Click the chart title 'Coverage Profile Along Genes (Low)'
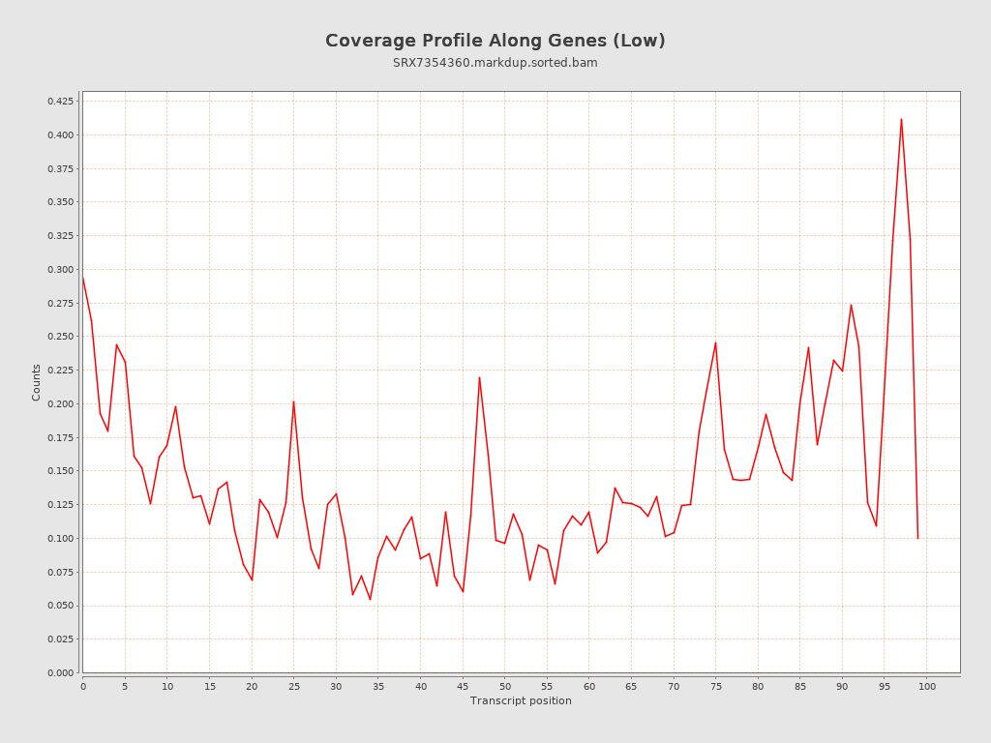[495, 41]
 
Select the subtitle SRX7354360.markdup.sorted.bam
[495, 63]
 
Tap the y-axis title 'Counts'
[37, 382]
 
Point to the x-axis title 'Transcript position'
[521, 700]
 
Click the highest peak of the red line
[901, 119]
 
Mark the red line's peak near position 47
[479, 377]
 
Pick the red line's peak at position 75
[715, 342]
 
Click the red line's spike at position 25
[293, 401]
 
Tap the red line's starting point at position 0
[83, 278]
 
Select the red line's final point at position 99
[917, 538]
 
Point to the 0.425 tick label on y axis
[60, 101]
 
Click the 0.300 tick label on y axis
[60, 269]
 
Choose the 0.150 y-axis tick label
[60, 471]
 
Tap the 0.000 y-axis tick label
[60, 672]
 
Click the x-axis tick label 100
[926, 686]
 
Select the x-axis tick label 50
[504, 686]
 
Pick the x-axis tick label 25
[293, 686]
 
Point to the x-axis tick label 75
[715, 686]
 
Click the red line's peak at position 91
[851, 305]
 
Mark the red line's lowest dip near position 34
[370, 600]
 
